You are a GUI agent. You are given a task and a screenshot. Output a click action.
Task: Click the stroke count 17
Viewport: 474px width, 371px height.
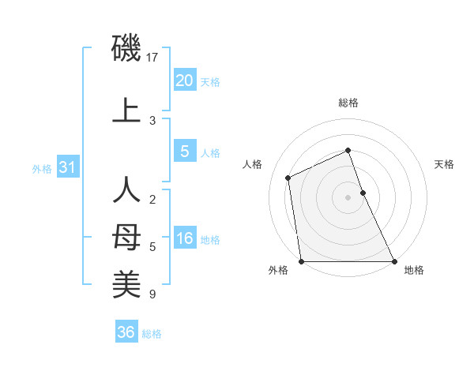152,57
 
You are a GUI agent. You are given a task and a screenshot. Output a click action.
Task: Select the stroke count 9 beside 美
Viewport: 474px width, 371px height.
152,294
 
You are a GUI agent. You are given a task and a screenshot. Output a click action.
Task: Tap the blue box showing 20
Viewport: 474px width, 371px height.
184,81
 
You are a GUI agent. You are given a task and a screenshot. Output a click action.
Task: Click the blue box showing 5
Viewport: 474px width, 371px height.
184,152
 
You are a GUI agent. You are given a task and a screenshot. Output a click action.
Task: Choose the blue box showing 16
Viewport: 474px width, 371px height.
184,238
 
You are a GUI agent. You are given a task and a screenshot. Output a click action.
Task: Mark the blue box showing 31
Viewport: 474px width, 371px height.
67,167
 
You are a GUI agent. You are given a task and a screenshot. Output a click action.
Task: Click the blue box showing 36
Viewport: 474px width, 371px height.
126,332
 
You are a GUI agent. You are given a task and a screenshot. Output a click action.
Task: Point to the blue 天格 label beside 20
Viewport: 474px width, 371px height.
209,81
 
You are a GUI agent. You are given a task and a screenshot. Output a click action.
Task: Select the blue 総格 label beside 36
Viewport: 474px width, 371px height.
152,333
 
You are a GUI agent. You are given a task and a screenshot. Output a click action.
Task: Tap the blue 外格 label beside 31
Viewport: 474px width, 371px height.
42,168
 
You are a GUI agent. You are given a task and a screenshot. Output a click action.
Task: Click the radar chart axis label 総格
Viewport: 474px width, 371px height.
348,103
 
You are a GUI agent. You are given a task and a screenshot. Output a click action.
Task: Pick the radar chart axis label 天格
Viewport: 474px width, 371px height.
444,164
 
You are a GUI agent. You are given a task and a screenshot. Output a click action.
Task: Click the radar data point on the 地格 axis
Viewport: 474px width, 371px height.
393,261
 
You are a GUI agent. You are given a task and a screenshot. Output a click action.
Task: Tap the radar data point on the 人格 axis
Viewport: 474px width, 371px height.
288,178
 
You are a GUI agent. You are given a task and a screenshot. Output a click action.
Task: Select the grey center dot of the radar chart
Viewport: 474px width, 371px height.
348,197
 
